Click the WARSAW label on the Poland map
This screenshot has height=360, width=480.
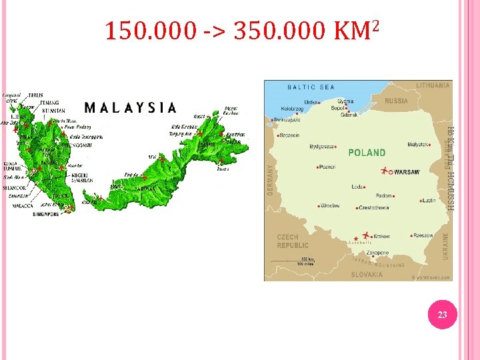(407, 172)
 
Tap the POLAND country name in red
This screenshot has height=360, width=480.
(367, 153)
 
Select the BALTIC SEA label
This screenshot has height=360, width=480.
(311, 87)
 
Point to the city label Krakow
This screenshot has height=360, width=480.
(382, 236)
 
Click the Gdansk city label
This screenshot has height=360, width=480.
(349, 115)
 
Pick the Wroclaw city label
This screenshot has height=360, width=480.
(329, 206)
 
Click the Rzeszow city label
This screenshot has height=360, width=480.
(423, 235)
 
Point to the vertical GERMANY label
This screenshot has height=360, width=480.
(271, 179)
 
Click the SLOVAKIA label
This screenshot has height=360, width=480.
(367, 274)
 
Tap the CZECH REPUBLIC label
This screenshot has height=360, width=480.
(292, 241)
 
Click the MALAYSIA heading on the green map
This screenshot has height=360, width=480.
(131, 107)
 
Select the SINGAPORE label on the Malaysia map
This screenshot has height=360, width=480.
(46, 214)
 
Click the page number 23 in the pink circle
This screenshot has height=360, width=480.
(442, 315)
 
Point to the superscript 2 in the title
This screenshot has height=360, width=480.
(376, 25)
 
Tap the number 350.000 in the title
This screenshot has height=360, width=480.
(279, 31)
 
